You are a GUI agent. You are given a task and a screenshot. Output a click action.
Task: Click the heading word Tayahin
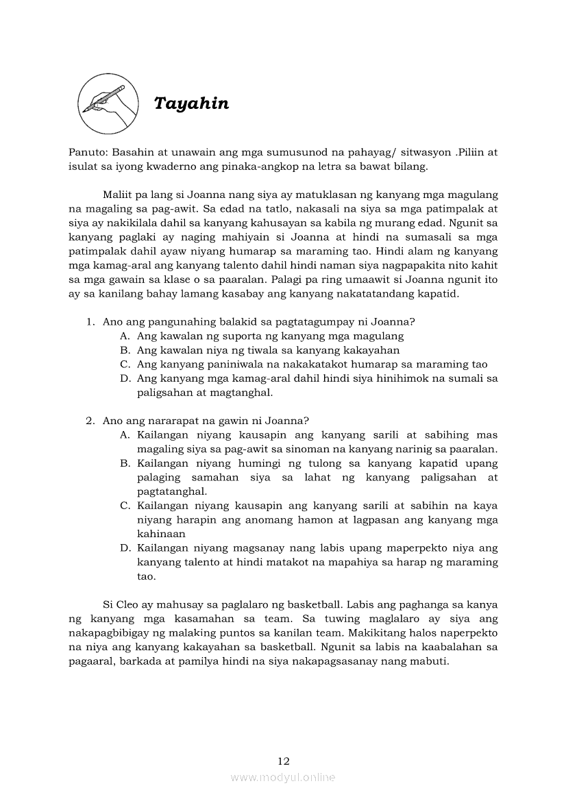pyautogui.click(x=191, y=103)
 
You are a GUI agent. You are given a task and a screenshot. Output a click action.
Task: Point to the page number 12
pyautogui.click(x=284, y=761)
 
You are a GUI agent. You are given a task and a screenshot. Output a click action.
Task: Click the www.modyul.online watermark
pyautogui.click(x=283, y=777)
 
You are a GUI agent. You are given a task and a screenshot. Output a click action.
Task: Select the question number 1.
pyautogui.click(x=89, y=321)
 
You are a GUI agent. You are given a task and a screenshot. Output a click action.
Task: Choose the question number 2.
pyautogui.click(x=89, y=420)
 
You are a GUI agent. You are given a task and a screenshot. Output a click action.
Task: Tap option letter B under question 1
pyautogui.click(x=125, y=350)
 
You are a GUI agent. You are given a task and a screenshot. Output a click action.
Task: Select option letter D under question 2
pyautogui.click(x=125, y=548)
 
